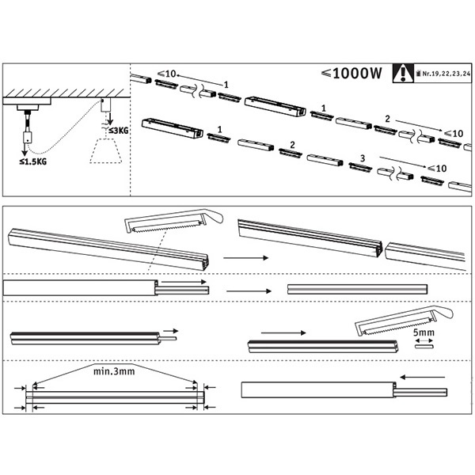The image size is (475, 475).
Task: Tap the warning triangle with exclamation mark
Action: (x=407, y=74)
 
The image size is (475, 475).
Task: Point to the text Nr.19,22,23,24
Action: (x=444, y=77)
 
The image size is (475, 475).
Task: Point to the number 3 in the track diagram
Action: (x=362, y=158)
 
